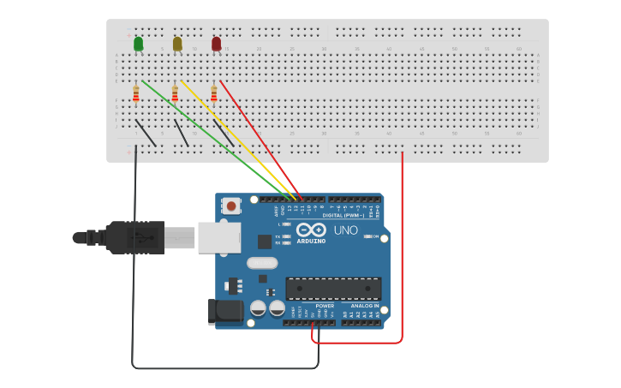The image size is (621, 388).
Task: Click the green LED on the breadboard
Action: click(x=139, y=43)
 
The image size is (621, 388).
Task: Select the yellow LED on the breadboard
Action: click(x=177, y=43)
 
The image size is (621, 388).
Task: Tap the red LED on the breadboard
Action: click(x=216, y=43)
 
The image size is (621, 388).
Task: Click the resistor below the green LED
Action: click(x=136, y=94)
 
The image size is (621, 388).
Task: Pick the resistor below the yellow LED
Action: click(x=175, y=94)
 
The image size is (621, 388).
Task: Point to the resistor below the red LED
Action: click(x=213, y=94)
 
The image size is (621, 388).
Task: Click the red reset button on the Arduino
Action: click(x=231, y=206)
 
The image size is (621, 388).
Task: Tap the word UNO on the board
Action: click(x=345, y=230)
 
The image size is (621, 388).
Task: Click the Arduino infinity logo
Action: click(x=311, y=230)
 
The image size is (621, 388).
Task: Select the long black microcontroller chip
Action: click(x=333, y=289)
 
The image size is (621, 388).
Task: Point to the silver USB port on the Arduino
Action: click(x=219, y=237)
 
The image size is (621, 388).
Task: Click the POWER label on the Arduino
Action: click(x=325, y=306)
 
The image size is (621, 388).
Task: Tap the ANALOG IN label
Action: click(x=364, y=306)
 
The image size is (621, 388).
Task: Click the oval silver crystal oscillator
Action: click(x=262, y=263)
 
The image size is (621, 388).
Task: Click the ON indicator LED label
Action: click(x=375, y=236)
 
